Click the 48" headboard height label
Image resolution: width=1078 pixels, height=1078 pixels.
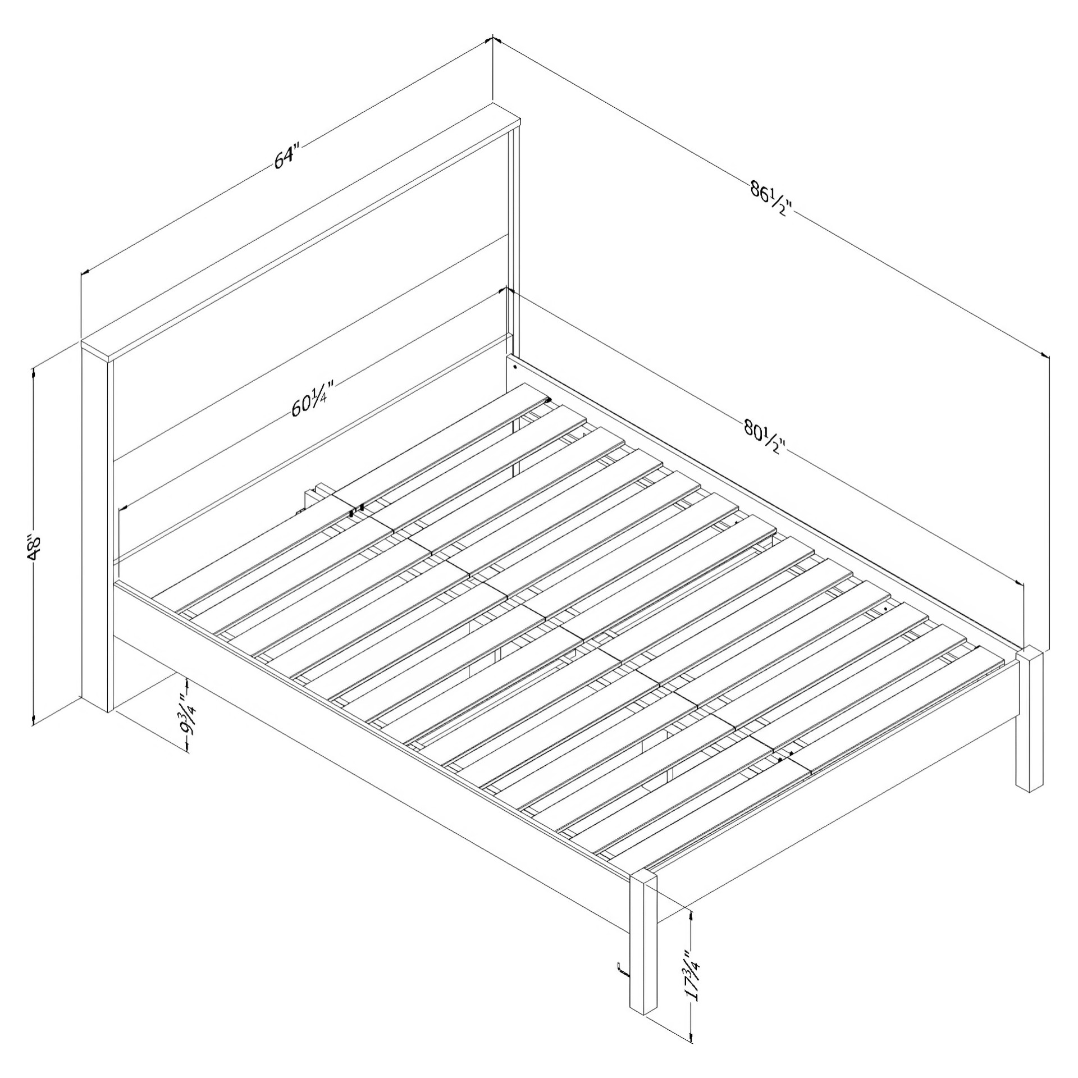coord(35,549)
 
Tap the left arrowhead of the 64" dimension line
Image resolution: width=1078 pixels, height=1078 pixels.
coord(85,273)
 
